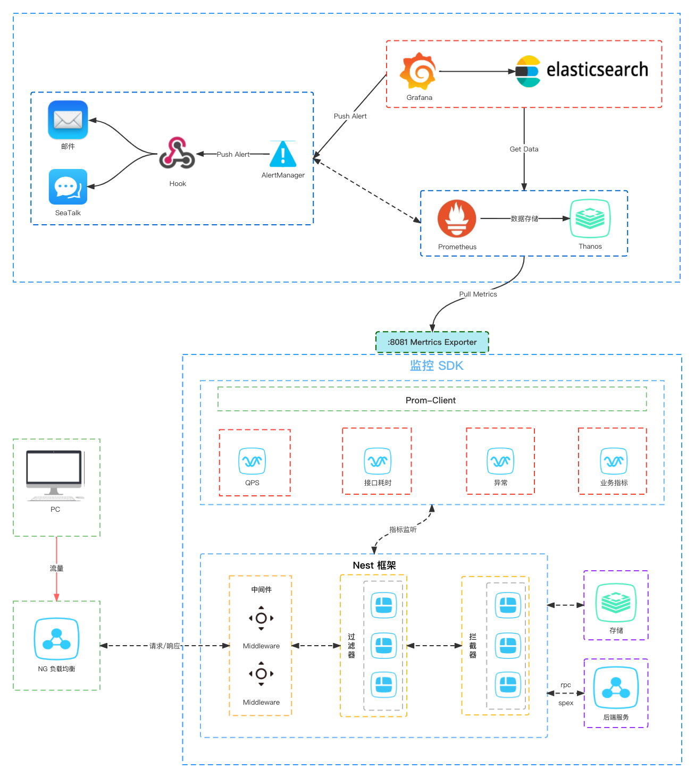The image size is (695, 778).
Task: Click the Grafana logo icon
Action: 418,71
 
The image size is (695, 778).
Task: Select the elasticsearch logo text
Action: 597,70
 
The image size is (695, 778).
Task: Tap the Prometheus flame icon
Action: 456,218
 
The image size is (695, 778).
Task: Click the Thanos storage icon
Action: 590,218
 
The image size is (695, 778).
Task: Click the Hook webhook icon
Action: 177,153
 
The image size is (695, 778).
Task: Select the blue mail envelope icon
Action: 68,120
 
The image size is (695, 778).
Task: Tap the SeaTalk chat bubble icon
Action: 68,187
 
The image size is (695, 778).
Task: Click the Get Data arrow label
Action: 524,149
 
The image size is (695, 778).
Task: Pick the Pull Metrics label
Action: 478,294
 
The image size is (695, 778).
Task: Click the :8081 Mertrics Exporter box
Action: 432,342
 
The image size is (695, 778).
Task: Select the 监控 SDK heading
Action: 437,366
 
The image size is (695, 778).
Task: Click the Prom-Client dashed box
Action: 432,400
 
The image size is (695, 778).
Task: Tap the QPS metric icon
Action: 253,461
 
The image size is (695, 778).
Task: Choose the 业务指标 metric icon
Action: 614,461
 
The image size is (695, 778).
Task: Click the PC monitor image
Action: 55,475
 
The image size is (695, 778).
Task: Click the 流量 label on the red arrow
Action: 56,568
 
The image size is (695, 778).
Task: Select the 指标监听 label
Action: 403,529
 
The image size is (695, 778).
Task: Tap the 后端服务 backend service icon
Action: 616,688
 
